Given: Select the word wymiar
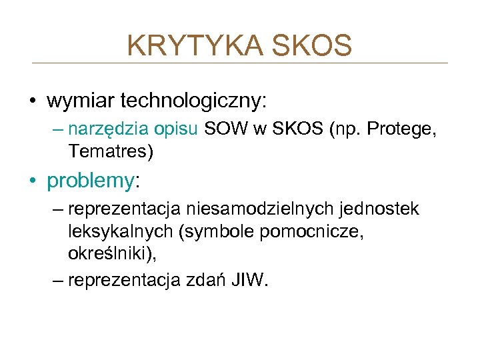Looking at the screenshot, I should click(x=81, y=101).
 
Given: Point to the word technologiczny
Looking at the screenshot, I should click(x=193, y=101).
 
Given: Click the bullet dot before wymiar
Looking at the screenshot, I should click(x=33, y=101).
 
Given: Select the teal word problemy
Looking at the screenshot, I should click(x=90, y=181).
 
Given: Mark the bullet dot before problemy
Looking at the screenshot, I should click(x=33, y=181).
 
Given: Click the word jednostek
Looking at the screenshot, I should click(x=381, y=209).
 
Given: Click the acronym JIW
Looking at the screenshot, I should click(x=248, y=281).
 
